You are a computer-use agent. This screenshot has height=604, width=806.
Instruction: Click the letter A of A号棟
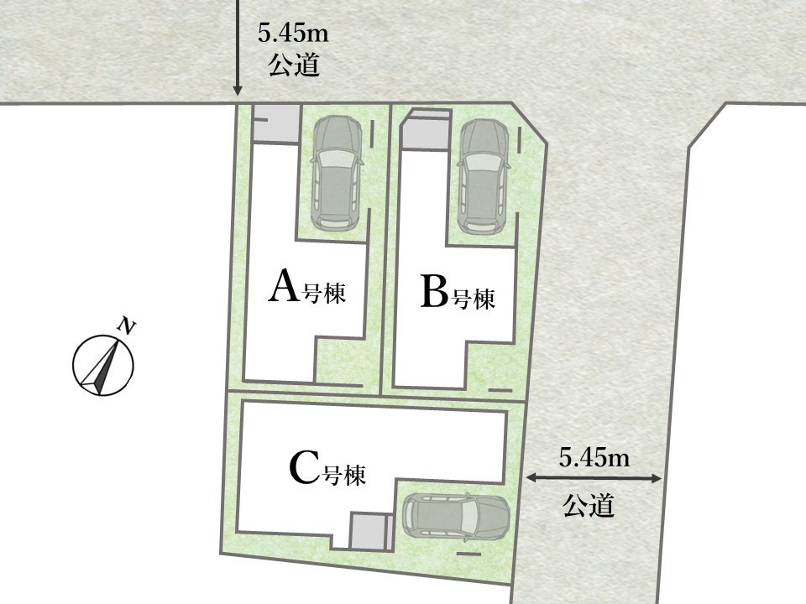click(x=283, y=287)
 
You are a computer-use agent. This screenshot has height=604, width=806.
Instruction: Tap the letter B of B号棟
click(x=434, y=291)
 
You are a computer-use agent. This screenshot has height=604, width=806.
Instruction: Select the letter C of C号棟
click(x=304, y=467)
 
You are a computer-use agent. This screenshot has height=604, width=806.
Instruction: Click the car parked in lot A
click(x=338, y=173)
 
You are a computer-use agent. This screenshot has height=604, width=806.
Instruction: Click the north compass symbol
click(x=102, y=365)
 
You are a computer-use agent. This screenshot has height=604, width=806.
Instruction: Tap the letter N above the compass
click(x=127, y=325)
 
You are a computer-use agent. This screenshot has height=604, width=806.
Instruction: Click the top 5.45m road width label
click(x=293, y=34)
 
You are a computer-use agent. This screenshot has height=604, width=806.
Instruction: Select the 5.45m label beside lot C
click(x=594, y=458)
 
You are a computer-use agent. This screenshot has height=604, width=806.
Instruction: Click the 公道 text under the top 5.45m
click(x=294, y=65)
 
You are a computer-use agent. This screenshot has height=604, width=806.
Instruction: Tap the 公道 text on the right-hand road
click(x=589, y=505)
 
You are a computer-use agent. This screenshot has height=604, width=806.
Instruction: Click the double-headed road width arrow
click(x=594, y=478)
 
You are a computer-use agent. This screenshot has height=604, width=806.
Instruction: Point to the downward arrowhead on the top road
click(x=237, y=91)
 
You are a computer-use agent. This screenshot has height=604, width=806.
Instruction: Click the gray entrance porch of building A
click(x=276, y=123)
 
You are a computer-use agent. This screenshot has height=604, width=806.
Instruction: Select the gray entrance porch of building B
click(x=425, y=130)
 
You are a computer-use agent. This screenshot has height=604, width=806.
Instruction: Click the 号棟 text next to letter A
click(x=324, y=292)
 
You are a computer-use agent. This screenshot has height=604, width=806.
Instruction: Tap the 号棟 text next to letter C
click(x=344, y=474)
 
